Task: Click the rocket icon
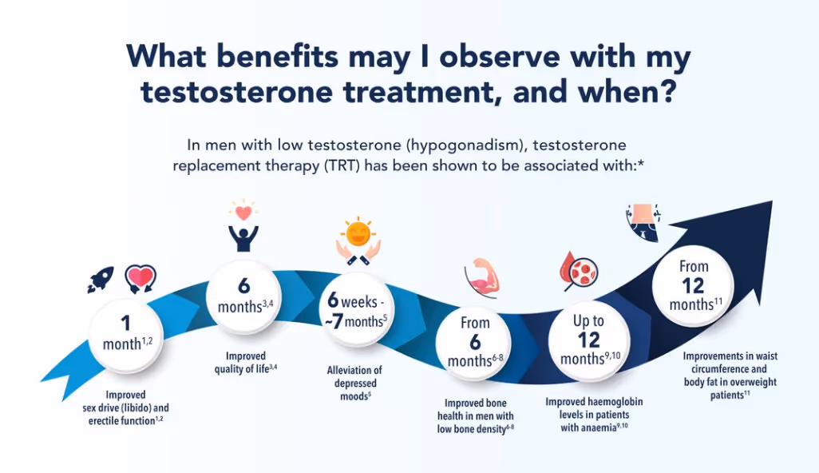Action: coord(101,279)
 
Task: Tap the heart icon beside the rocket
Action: coord(140,279)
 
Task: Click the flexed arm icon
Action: coord(482,277)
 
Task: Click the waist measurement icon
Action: coord(643,221)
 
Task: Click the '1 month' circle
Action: coord(126,335)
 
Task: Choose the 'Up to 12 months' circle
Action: coord(589,340)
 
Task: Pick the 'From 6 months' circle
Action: coord(474,341)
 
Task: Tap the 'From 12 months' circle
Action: coord(694,285)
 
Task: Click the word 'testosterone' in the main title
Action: coord(236,91)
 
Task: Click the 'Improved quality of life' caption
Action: coord(246,362)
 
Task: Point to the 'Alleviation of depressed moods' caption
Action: coord(354,383)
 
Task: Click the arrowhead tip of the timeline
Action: coord(772,201)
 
